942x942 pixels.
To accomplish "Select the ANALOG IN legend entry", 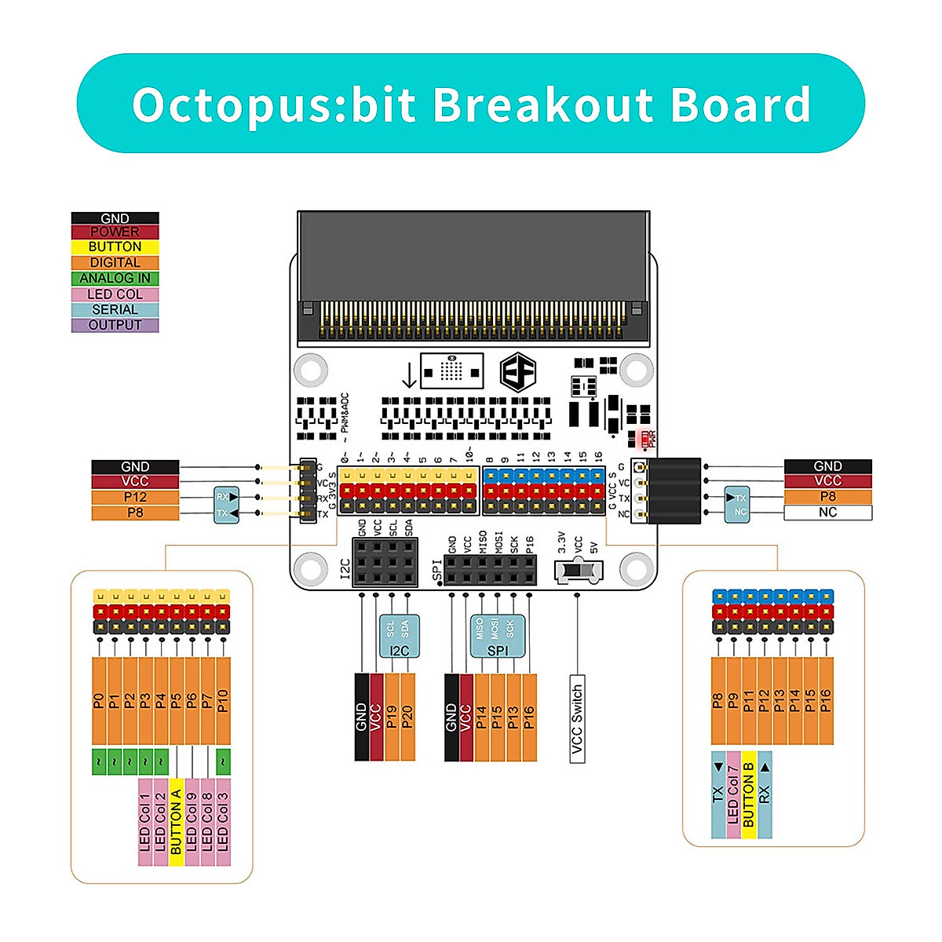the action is pos(115,278).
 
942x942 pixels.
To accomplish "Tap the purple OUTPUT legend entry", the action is pos(115,325).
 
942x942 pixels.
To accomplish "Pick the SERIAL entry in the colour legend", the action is pos(115,309).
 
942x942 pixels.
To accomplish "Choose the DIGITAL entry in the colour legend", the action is pos(115,262).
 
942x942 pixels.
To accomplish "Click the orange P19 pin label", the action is pos(392,717).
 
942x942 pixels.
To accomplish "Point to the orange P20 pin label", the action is pos(407,717).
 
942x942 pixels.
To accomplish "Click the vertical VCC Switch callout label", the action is pos(577,718).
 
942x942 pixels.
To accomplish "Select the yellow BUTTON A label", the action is pos(176,822).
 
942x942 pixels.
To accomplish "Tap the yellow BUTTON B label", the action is pos(748,794).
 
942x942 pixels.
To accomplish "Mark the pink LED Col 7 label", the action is pos(733,794).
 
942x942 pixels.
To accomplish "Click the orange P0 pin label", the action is pos(99,701).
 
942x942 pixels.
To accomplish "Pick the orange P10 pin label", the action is pos(223,701).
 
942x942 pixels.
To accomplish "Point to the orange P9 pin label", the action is pos(733,701).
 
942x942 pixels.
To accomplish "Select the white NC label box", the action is pos(827,513).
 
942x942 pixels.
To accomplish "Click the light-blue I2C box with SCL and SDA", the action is pos(399,635).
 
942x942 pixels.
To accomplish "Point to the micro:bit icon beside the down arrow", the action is pos(451,370).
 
